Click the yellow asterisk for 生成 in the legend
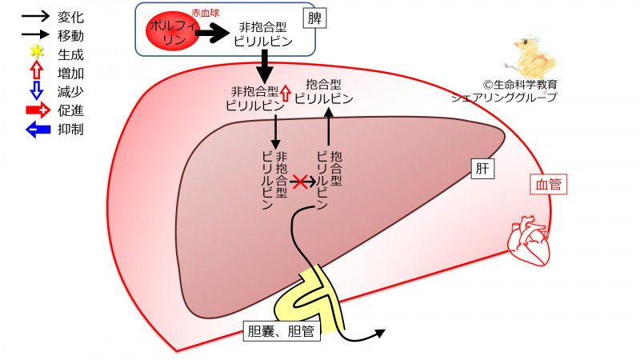pos(35,55)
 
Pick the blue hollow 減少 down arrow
pos(35,92)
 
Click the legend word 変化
pos(72,18)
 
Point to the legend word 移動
pos(72,36)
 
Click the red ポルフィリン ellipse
pos(170,34)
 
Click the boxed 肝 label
pos(481,169)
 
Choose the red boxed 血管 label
pos(548,185)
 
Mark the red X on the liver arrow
pos(300,182)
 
